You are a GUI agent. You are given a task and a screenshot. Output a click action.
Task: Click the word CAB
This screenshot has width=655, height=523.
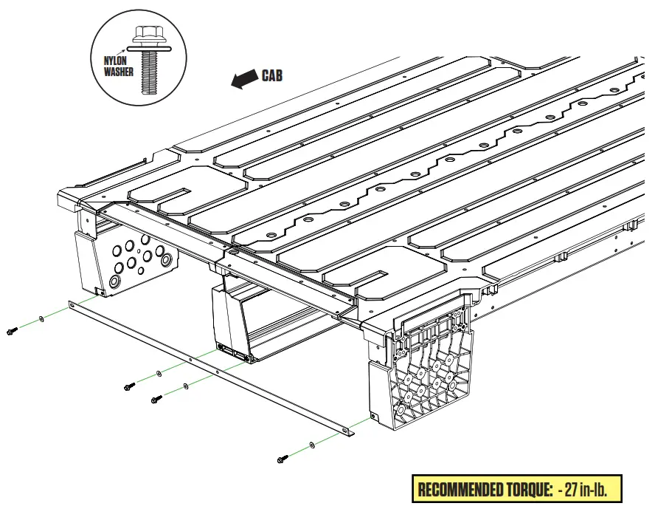pos(271,75)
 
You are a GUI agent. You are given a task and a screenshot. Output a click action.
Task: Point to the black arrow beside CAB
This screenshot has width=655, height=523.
pos(243,80)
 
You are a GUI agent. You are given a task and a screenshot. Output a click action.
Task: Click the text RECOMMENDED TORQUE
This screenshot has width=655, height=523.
pos(484,489)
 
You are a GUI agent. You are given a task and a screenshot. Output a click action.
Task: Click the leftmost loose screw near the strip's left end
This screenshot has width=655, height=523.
pos(11,331)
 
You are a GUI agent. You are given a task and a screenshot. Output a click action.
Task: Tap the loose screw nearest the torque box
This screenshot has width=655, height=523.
pos(282,459)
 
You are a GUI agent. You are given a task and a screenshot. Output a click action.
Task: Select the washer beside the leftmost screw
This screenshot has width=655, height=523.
pos(41,320)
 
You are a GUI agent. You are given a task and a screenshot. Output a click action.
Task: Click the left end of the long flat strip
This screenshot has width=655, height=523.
pos(72,304)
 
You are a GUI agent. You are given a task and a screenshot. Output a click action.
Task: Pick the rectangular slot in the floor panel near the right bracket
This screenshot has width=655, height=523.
pos(370,278)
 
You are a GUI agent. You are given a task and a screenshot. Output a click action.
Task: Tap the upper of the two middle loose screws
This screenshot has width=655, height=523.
pos(130,386)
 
